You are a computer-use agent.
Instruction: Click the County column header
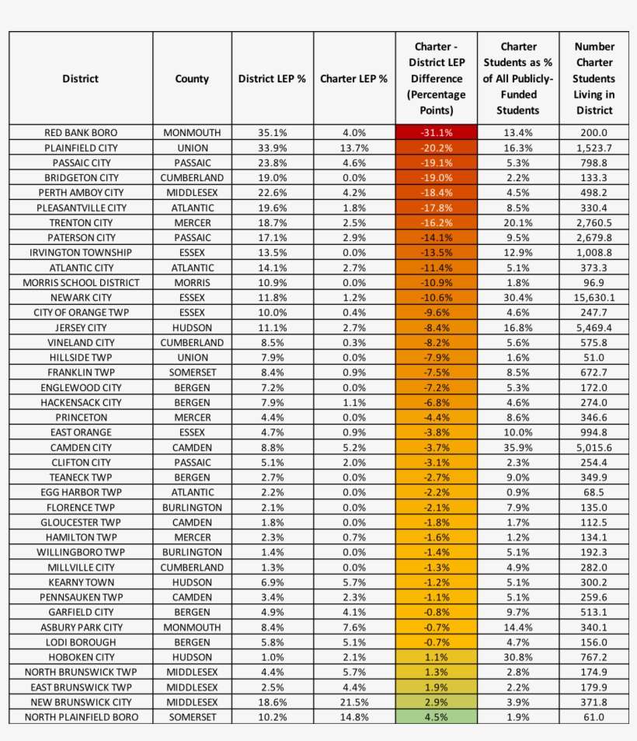192,79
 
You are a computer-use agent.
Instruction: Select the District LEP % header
272,79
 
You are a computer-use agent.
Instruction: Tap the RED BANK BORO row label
81,133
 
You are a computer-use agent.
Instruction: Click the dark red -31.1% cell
436,133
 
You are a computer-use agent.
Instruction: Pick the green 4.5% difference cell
436,717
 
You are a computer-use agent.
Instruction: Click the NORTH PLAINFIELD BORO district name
81,717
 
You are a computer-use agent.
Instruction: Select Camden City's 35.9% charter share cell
518,448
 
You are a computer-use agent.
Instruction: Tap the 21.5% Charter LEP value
353,702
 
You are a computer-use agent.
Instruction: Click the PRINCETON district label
81,418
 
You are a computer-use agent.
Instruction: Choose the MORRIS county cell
192,282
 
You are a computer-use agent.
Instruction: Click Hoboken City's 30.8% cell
518,657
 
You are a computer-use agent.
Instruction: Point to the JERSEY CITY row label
81,328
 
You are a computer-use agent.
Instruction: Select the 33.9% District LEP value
272,148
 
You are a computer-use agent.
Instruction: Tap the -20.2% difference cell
436,148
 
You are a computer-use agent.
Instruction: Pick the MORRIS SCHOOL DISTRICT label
81,282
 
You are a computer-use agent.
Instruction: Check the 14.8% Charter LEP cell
353,717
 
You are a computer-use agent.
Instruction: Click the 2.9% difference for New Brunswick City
436,702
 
